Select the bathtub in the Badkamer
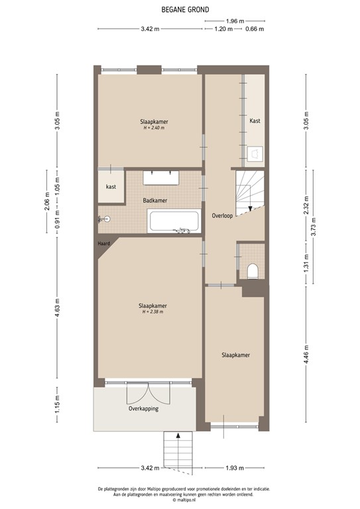[174, 221]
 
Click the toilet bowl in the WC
[252, 270]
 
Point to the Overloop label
[222, 216]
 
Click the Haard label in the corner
[103, 243]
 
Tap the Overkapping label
[143, 409]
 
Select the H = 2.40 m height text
[153, 128]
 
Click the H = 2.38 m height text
[151, 311]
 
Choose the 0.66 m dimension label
[255, 29]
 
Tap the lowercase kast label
[111, 187]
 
